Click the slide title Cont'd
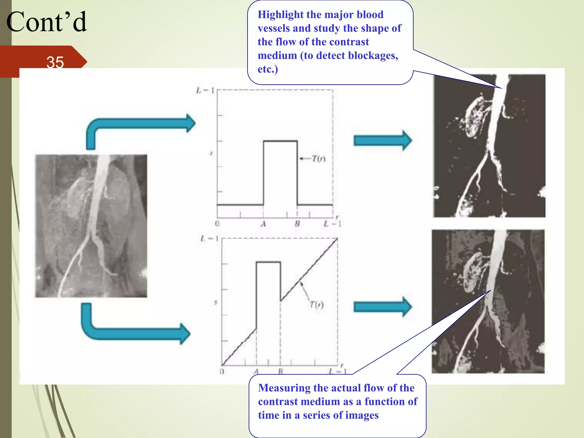(x=46, y=22)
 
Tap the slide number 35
(x=55, y=62)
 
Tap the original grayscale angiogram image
(x=91, y=226)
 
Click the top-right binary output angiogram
(x=489, y=146)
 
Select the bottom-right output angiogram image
(x=488, y=301)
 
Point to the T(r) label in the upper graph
(x=318, y=159)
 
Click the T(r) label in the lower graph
(x=317, y=305)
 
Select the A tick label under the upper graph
(x=263, y=224)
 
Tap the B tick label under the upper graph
(x=297, y=224)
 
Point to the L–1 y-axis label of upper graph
(x=205, y=90)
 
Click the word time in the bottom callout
(x=269, y=415)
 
